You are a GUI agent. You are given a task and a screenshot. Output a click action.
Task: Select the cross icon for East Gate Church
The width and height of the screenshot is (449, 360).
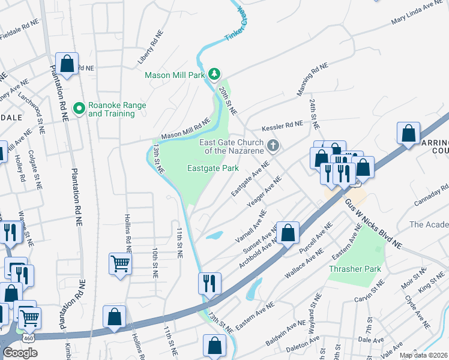(273, 145)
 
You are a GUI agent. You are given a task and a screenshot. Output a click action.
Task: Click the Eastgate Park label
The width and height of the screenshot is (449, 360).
(213, 169)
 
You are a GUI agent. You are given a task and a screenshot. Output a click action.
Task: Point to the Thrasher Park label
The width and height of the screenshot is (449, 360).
(355, 269)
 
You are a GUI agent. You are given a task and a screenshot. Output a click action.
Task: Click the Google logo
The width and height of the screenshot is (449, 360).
(20, 353)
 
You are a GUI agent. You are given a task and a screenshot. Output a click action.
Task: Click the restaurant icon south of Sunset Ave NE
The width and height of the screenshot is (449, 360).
(209, 283)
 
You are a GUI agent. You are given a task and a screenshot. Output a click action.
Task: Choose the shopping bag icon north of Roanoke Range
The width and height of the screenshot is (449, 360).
(67, 63)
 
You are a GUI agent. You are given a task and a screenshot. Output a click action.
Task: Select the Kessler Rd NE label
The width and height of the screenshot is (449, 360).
(282, 127)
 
